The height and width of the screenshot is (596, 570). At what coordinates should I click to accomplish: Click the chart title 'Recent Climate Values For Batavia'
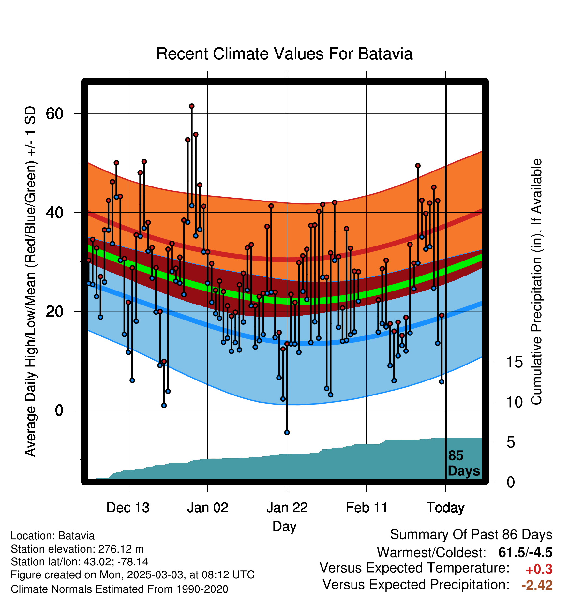(284, 54)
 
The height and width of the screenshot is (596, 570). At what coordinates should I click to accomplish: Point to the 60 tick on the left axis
(54, 114)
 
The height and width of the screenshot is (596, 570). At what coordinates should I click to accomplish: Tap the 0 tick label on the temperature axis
(59, 410)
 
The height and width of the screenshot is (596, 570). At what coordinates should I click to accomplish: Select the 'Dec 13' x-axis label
(128, 508)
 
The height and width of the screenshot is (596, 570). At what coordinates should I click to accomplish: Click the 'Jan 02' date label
(208, 508)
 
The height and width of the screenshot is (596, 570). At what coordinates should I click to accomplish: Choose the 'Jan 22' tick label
(287, 508)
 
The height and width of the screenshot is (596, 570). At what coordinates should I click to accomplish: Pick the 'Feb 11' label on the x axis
(367, 508)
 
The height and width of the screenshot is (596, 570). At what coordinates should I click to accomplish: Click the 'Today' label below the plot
(445, 508)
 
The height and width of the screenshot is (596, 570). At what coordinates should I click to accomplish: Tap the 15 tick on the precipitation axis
(514, 362)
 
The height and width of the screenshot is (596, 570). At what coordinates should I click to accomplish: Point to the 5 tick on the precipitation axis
(511, 442)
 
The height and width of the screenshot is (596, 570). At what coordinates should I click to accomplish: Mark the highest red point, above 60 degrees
(192, 106)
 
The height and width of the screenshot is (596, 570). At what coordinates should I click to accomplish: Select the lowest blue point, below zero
(287, 432)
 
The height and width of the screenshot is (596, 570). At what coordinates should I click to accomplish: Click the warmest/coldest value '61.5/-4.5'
(525, 552)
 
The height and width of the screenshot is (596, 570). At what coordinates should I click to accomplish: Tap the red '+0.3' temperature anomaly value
(539, 569)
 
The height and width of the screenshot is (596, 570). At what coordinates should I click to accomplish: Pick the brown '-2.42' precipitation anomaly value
(537, 585)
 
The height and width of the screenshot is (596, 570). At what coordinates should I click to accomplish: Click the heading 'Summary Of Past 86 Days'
(471, 535)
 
